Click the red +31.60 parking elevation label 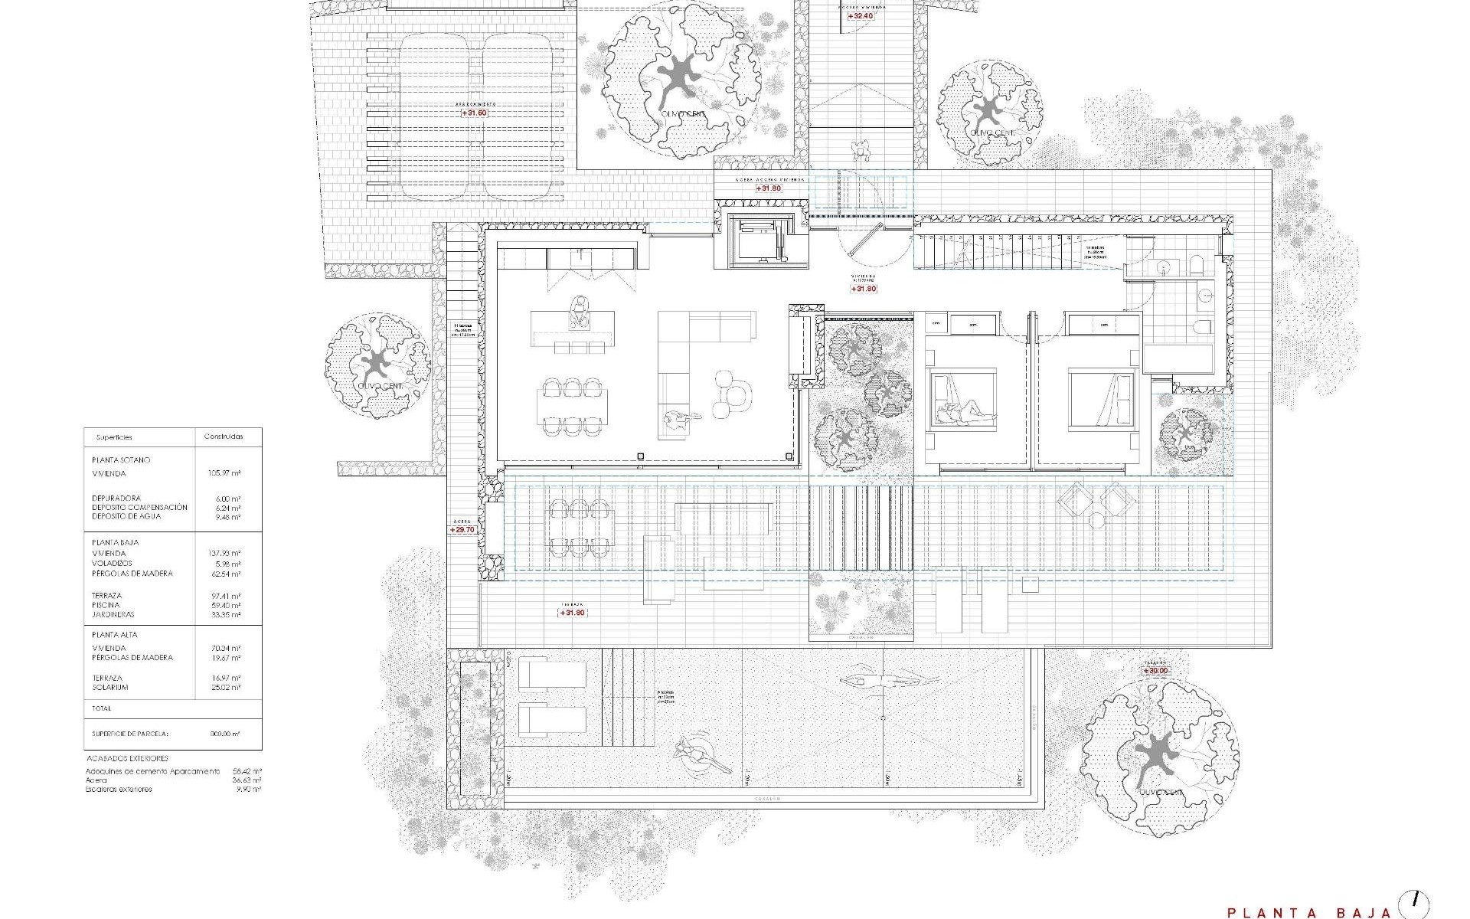click(474, 113)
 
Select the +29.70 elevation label click(463, 529)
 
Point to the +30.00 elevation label click(1156, 671)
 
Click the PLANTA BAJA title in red click(1308, 912)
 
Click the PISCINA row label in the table click(106, 605)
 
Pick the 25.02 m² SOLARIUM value click(229, 688)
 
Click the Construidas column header click(224, 437)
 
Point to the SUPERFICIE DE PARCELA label click(129, 734)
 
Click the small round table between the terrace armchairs click(1096, 521)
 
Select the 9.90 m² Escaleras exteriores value click(251, 789)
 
